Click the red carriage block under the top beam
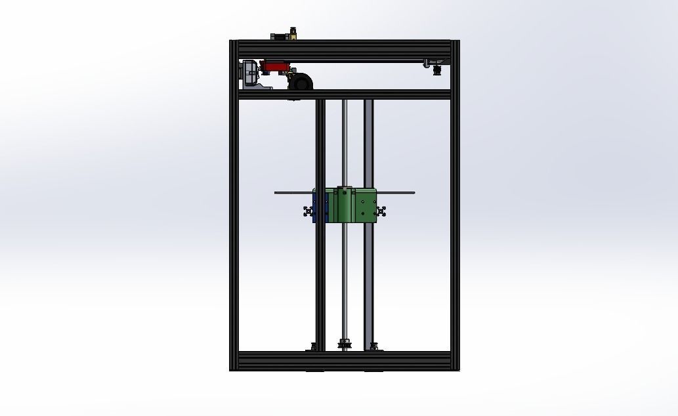tap(276, 66)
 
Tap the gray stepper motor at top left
tap(250, 72)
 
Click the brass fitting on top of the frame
tap(293, 33)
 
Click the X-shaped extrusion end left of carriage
tap(308, 211)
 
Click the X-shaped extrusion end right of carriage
tap(381, 211)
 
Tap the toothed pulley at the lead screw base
tap(344, 344)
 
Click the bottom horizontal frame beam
tap(344, 361)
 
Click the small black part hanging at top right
tap(437, 68)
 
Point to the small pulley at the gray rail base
tap(373, 346)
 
